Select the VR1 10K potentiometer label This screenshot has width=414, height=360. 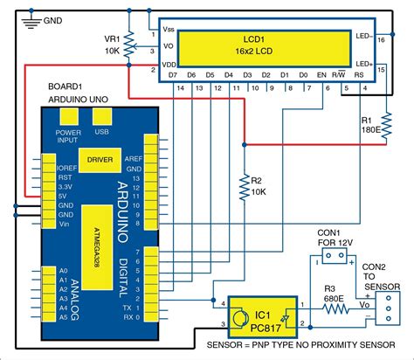coord(112,45)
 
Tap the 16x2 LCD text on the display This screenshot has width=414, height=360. coord(256,52)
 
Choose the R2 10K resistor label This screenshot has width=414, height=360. coord(257,186)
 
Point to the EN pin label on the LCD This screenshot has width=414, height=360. coord(321,76)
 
